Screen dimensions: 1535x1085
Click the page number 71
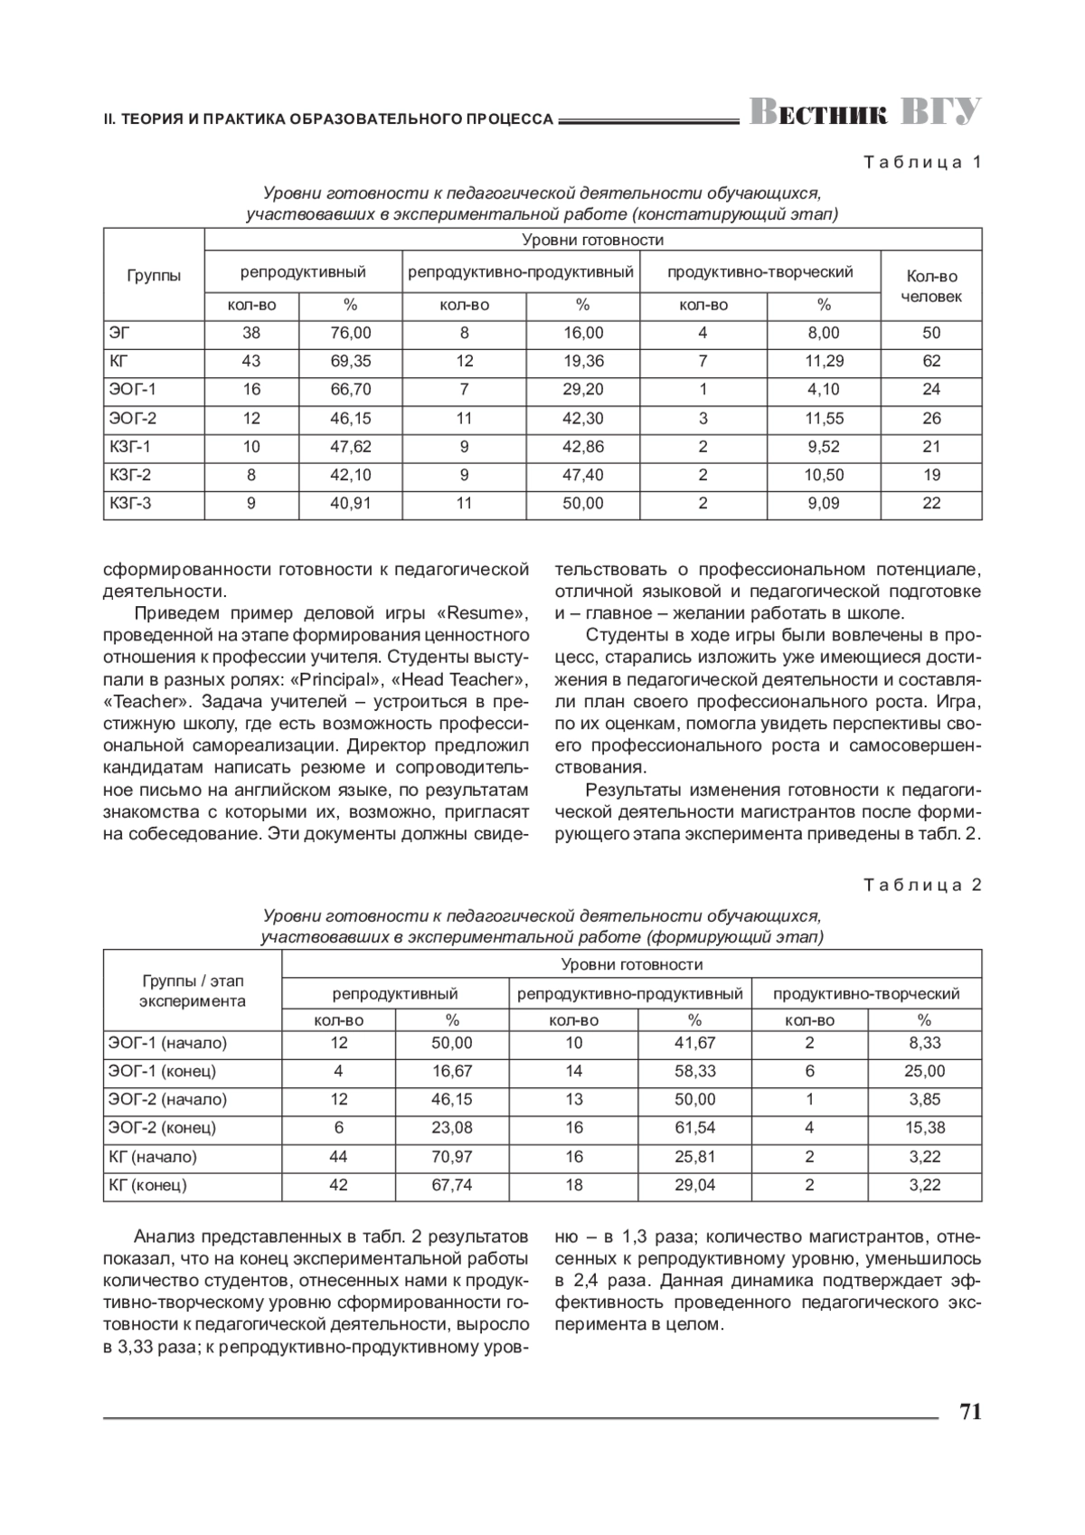(x=969, y=1412)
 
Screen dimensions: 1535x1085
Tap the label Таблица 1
(x=922, y=163)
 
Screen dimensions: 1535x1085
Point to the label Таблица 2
(x=922, y=885)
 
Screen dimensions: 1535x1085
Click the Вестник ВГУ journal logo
(x=864, y=112)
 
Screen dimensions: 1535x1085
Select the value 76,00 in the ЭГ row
(x=351, y=333)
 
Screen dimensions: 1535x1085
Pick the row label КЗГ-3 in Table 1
(x=130, y=503)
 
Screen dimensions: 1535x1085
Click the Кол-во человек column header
(x=931, y=286)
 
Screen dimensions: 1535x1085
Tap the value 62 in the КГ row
(x=931, y=361)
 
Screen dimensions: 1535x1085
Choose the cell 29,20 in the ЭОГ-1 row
(x=582, y=390)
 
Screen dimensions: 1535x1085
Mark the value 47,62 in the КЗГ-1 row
(x=351, y=447)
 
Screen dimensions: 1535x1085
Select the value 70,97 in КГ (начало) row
(x=452, y=1157)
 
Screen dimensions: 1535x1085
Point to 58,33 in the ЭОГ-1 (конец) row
(x=694, y=1071)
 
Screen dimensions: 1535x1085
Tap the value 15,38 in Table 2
(x=924, y=1128)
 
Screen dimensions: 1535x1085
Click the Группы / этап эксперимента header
(x=193, y=991)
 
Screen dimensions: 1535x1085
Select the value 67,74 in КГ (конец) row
(x=452, y=1185)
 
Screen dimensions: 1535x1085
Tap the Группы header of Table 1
(x=154, y=276)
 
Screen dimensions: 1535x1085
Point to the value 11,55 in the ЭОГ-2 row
(x=824, y=419)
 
